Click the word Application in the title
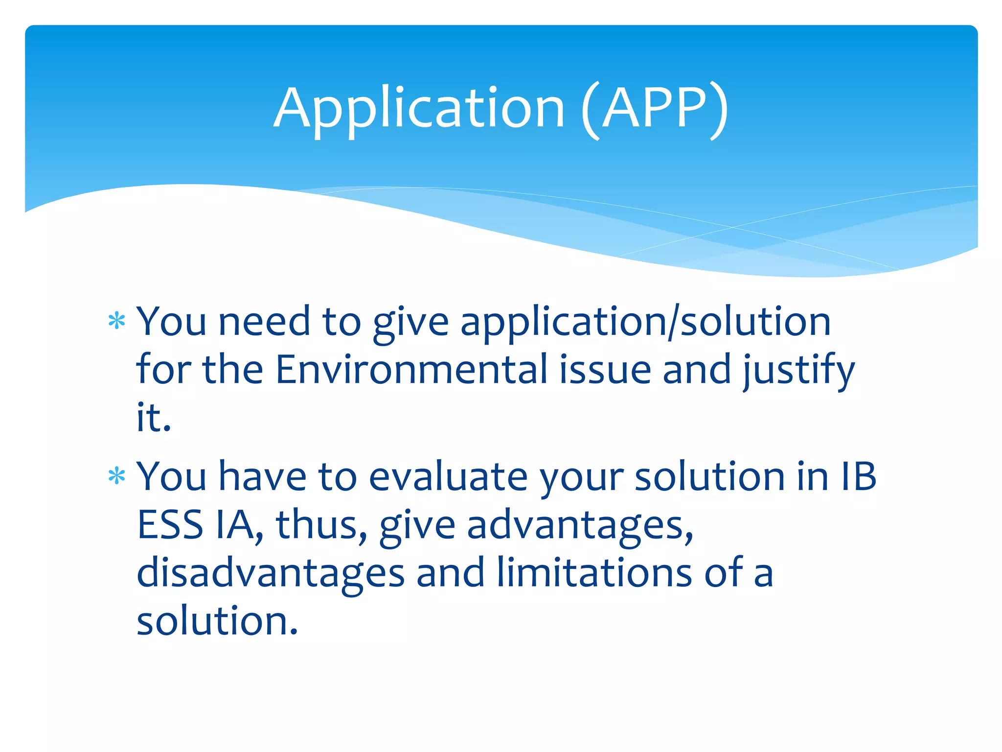pos(419,109)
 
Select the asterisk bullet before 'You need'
pos(117,322)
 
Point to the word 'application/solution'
pos(645,323)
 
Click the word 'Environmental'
pos(411,370)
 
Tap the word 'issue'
pos(605,370)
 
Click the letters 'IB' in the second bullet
pos(857,476)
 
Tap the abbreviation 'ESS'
pos(170,525)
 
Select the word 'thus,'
pos(321,525)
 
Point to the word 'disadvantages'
pos(271,573)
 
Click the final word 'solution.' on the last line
pos(217,621)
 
